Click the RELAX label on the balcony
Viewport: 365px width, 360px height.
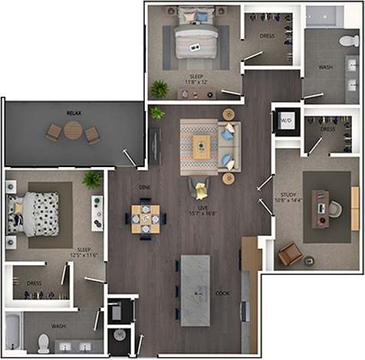click(x=74, y=113)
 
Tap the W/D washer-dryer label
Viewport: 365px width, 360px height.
click(x=287, y=121)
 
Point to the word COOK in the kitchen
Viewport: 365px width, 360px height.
click(x=222, y=293)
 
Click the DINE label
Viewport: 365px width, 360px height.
click(x=144, y=187)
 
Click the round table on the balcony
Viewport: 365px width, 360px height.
click(x=72, y=132)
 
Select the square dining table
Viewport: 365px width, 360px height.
click(x=145, y=217)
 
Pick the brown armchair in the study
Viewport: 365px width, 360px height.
click(x=288, y=254)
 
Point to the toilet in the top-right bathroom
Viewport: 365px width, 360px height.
click(x=345, y=41)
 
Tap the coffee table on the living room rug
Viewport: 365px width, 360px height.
click(x=202, y=146)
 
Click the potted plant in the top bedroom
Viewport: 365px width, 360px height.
click(x=159, y=89)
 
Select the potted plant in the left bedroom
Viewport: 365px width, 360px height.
click(x=92, y=180)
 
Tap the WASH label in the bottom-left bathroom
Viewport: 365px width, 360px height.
click(x=59, y=326)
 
